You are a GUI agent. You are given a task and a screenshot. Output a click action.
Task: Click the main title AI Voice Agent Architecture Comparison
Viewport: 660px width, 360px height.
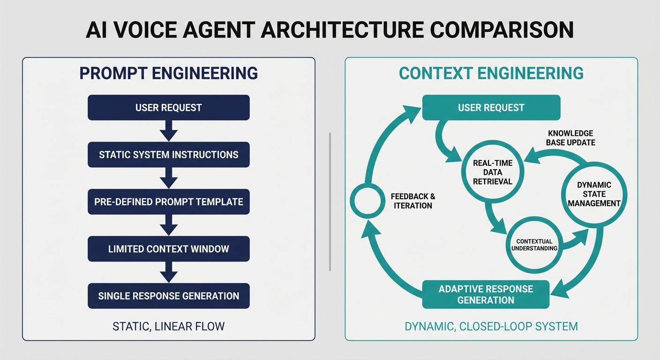pos(330,30)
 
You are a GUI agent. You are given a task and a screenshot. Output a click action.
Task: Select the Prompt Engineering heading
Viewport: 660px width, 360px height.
pos(168,74)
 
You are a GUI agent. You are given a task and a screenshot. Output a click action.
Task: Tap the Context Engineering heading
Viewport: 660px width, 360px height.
pos(491,74)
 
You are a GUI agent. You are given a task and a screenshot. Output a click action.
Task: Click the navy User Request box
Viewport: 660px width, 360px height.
pos(168,107)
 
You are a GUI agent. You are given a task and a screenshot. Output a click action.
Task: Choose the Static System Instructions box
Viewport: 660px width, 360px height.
pos(168,155)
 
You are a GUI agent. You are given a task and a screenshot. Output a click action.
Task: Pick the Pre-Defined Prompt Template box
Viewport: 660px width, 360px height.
pos(168,202)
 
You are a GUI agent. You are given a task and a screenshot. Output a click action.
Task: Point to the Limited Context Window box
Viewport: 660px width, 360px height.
pos(168,249)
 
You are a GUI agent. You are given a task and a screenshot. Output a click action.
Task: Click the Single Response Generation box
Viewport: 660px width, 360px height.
pos(168,296)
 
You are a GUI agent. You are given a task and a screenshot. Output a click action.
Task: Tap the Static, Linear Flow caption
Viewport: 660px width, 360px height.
pos(168,326)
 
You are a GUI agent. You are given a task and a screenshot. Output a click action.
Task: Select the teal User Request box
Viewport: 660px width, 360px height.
pos(491,107)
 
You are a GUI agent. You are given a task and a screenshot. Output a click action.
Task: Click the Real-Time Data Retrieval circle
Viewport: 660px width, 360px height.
pos(492,172)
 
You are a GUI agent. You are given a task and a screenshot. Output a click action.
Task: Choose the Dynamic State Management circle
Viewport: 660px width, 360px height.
pos(592,194)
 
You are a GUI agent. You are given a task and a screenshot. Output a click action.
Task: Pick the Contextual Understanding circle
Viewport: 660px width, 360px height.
pos(536,245)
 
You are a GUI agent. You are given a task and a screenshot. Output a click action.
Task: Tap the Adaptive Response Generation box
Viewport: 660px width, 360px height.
pos(486,294)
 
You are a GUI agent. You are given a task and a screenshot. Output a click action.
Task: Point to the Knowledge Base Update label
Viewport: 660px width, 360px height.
pos(570,138)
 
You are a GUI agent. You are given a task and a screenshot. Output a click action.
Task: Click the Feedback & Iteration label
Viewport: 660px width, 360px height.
pos(413,201)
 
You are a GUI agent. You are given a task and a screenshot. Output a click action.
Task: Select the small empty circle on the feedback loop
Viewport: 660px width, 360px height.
pos(367,201)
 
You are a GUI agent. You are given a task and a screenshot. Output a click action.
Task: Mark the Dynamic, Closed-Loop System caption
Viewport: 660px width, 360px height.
pos(491,326)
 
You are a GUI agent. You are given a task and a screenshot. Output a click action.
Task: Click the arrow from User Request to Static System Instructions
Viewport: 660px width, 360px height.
pos(168,131)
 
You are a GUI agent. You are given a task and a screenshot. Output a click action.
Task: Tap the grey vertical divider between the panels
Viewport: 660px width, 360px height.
pos(330,202)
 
